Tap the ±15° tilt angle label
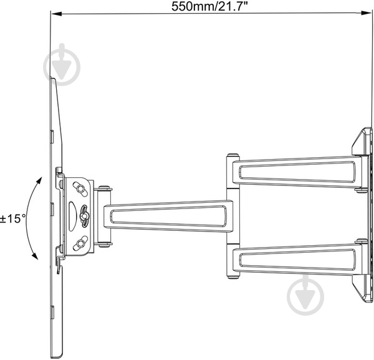pyautogui.click(x=12, y=219)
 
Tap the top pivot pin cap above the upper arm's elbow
pyautogui.click(x=232, y=155)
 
